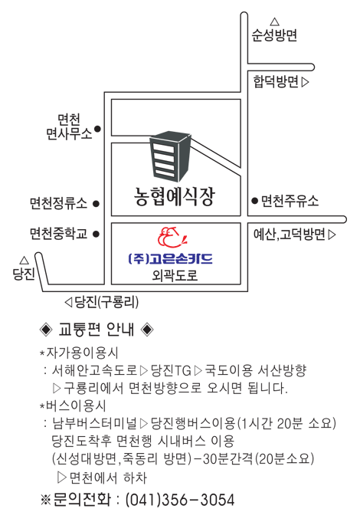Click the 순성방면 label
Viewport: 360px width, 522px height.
pos(274,35)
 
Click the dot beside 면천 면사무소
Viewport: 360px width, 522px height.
pos(97,129)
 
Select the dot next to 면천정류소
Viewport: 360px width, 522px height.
pos(97,204)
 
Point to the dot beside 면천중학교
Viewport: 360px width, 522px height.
pos(97,234)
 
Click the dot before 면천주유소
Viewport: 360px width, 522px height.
pos(255,201)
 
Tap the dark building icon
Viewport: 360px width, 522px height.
pos(170,156)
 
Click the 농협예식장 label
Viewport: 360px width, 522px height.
pos(175,197)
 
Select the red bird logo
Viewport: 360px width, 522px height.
pos(172,237)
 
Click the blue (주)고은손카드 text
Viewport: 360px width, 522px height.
pos(170,258)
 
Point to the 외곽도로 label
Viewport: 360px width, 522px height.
pos(175,275)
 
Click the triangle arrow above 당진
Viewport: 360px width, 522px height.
pos(24,260)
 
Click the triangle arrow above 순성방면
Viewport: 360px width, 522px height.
pos(274,21)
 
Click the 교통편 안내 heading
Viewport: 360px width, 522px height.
pos(97,330)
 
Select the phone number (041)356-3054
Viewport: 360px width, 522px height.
pos(180,500)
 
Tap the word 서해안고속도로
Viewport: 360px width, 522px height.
pos(94,370)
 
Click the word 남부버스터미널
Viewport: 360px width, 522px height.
pos(94,423)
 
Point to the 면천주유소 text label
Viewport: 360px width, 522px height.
pos(290,201)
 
